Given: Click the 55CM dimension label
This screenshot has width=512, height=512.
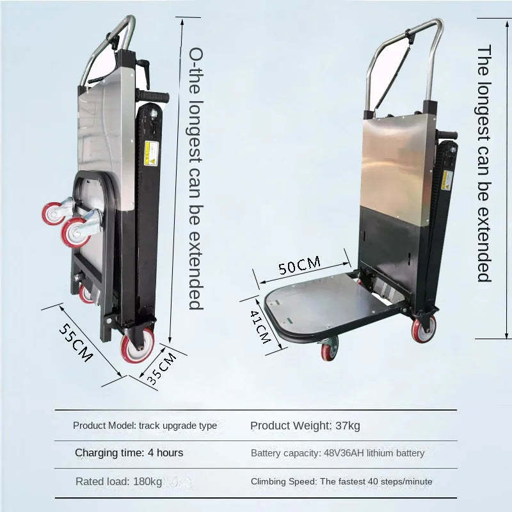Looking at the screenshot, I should tap(76, 342).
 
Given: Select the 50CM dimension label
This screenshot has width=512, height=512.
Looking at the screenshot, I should tap(300, 264).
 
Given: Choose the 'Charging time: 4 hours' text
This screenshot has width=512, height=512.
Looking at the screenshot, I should tap(129, 453).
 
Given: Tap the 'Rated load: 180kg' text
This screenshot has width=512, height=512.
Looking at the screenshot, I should tap(118, 481).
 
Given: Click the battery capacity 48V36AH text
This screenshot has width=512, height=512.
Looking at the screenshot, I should tap(337, 453).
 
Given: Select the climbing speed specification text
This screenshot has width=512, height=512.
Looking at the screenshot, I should tap(341, 481).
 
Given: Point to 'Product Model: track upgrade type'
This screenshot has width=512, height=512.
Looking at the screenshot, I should tap(145, 426).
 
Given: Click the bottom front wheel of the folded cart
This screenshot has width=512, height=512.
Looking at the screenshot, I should tap(137, 346).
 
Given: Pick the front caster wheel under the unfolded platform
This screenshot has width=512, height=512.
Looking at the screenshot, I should tap(329, 349).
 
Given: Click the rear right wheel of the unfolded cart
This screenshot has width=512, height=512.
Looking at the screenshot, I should tap(423, 328).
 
